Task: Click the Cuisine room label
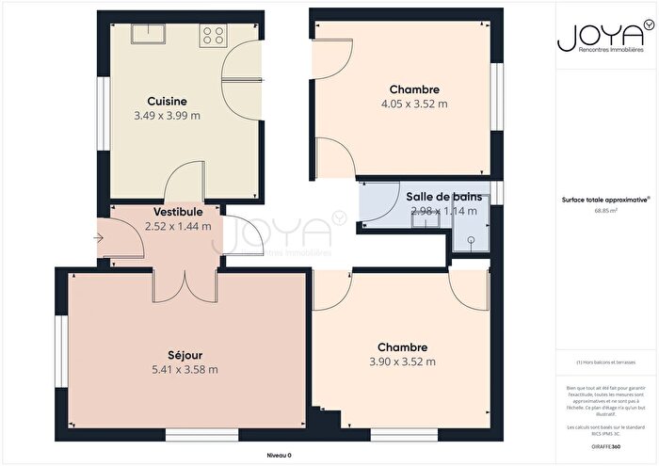pyautogui.click(x=167, y=101)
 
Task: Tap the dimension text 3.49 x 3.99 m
pyautogui.click(x=167, y=116)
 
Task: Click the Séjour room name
pyautogui.click(x=186, y=355)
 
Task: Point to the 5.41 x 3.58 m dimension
pyautogui.click(x=186, y=370)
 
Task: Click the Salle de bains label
pyautogui.click(x=444, y=197)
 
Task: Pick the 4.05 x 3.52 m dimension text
pyautogui.click(x=414, y=104)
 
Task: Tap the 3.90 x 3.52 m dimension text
pyautogui.click(x=403, y=362)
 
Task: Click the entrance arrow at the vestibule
pyautogui.click(x=99, y=239)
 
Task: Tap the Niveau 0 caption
pyautogui.click(x=279, y=455)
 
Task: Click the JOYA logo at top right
pyautogui.click(x=592, y=38)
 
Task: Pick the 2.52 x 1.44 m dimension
pyautogui.click(x=178, y=227)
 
